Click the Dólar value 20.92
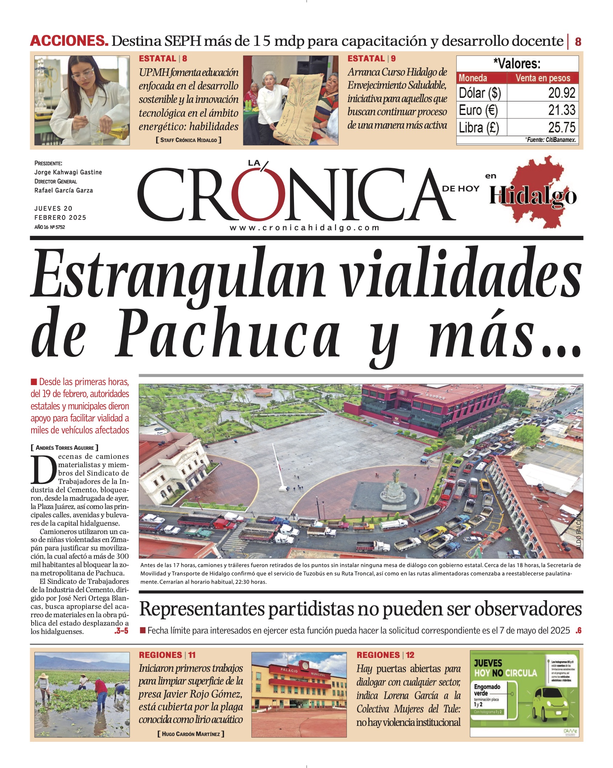[x=561, y=93]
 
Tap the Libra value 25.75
[x=561, y=128]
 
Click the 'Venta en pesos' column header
[x=543, y=78]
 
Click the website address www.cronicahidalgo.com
[x=305, y=228]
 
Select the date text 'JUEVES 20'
[x=53, y=209]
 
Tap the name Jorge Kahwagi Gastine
[x=68, y=172]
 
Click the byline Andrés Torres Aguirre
[x=65, y=448]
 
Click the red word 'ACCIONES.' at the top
[x=69, y=41]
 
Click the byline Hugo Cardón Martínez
[x=191, y=734]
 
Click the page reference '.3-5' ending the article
[x=121, y=631]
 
